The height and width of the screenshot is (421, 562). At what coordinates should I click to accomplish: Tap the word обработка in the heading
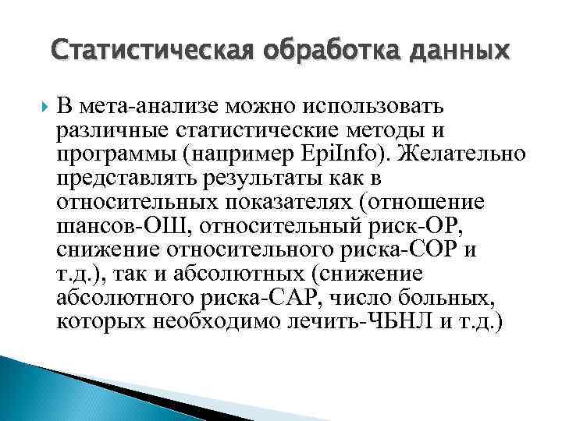pos(311,51)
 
